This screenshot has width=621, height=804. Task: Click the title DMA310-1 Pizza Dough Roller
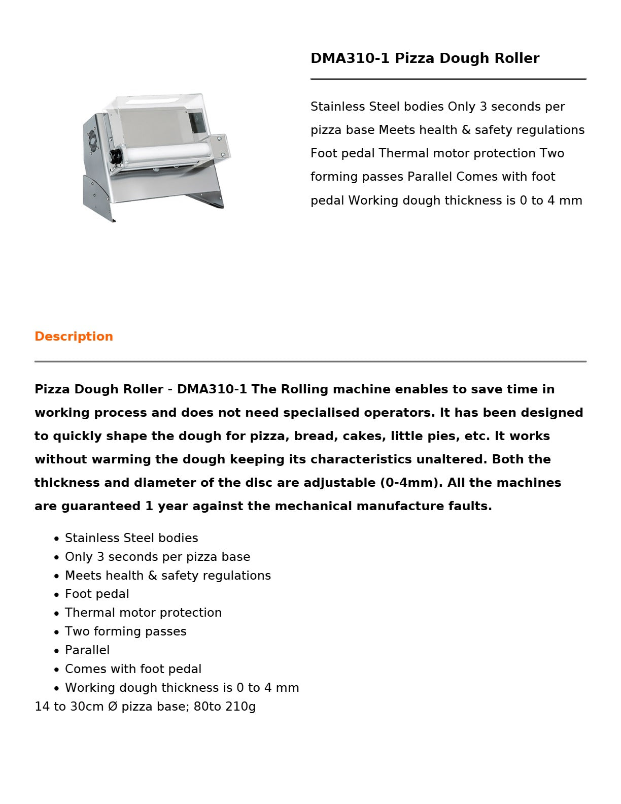pyautogui.click(x=425, y=58)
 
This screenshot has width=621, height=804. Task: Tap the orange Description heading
pyautogui.click(x=74, y=337)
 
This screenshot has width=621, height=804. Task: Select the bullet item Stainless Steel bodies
pyautogui.click(x=131, y=538)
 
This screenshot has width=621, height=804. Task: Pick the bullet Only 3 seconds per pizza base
pyautogui.click(x=157, y=557)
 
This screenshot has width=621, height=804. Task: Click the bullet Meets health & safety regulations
pyautogui.click(x=168, y=576)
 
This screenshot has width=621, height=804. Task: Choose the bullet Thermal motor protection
pyautogui.click(x=143, y=613)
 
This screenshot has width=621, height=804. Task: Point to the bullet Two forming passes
pyautogui.click(x=126, y=631)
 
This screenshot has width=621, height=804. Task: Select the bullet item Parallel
pyautogui.click(x=87, y=650)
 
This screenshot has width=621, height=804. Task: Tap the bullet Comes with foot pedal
pyautogui.click(x=133, y=669)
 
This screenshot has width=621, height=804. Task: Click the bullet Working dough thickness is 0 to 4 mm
pyautogui.click(x=182, y=688)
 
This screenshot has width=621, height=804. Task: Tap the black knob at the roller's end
pyautogui.click(x=117, y=155)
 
